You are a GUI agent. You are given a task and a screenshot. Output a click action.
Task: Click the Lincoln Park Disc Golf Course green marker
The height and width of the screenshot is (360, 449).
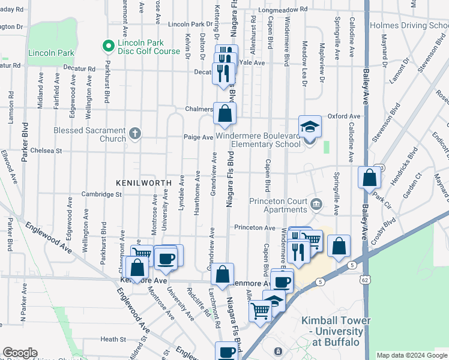click(109, 46)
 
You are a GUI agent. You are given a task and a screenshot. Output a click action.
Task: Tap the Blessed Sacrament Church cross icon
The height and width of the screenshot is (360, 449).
click(136, 133)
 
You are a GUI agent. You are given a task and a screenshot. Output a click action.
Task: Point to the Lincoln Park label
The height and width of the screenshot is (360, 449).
click(50, 53)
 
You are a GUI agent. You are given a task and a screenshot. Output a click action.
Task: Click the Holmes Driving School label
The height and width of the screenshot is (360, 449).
click(409, 25)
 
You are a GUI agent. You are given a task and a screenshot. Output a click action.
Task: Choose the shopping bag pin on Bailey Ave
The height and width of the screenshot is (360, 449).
click(369, 178)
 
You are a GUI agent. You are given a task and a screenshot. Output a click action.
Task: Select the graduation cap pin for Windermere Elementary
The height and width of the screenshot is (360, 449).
click(310, 127)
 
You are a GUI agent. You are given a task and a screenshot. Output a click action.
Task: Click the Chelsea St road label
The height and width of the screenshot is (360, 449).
click(47, 151)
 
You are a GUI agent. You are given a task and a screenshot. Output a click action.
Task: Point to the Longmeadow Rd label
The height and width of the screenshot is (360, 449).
click(283, 10)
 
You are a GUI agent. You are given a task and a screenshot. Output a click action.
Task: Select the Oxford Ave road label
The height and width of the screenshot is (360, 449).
click(343, 116)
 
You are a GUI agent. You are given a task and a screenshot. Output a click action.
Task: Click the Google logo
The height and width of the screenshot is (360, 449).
click(20, 353)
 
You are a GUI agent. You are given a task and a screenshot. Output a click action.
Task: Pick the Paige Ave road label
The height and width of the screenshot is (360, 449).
click(199, 137)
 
